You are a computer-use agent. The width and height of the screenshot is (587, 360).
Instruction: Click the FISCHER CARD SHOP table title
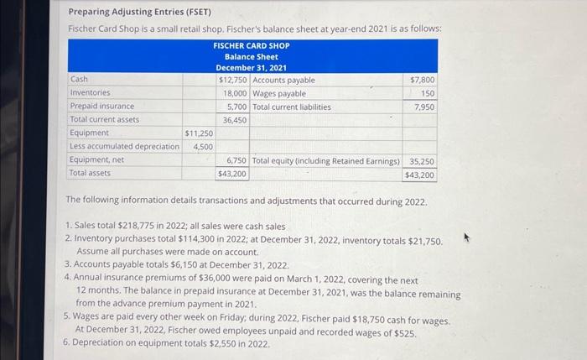pyautogui.click(x=251, y=45)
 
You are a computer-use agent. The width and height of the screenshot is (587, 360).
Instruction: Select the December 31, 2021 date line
pyautogui.click(x=251, y=67)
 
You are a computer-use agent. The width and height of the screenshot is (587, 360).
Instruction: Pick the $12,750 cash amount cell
pyautogui.click(x=232, y=80)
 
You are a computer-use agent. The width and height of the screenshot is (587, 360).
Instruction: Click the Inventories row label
pyautogui.click(x=90, y=93)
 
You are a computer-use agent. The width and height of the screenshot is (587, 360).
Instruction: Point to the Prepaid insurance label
pyautogui.click(x=101, y=107)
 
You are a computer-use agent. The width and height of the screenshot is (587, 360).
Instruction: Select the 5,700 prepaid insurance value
pyautogui.click(x=236, y=107)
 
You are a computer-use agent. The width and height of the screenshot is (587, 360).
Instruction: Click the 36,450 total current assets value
pyautogui.click(x=235, y=120)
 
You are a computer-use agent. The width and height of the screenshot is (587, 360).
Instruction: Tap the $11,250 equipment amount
pyautogui.click(x=199, y=133)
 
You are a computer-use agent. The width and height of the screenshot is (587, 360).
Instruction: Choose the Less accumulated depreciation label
pyautogui.click(x=124, y=146)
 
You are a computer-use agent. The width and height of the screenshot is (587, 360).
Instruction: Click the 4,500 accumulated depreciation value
pyautogui.click(x=202, y=146)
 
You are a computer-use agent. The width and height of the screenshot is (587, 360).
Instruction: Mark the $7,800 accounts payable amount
pyautogui.click(x=423, y=80)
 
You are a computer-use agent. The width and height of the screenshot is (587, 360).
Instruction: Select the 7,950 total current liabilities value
pyautogui.click(x=425, y=107)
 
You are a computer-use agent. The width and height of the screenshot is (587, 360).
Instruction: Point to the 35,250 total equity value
pyautogui.click(x=422, y=160)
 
